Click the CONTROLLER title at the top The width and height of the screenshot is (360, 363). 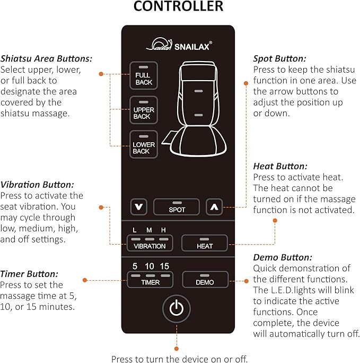click(x=178, y=7)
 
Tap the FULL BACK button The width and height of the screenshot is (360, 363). click(x=143, y=75)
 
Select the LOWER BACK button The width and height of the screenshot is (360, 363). click(x=143, y=144)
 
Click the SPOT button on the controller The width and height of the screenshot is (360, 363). click(x=177, y=207)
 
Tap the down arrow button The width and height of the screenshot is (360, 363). click(x=139, y=207)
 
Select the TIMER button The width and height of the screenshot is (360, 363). click(x=150, y=280)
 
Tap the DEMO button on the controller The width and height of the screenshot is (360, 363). click(x=205, y=280)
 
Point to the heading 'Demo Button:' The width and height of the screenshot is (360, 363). click(x=279, y=258)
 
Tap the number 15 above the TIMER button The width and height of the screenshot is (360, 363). click(x=164, y=266)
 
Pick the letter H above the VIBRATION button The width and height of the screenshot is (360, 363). click(x=163, y=229)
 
